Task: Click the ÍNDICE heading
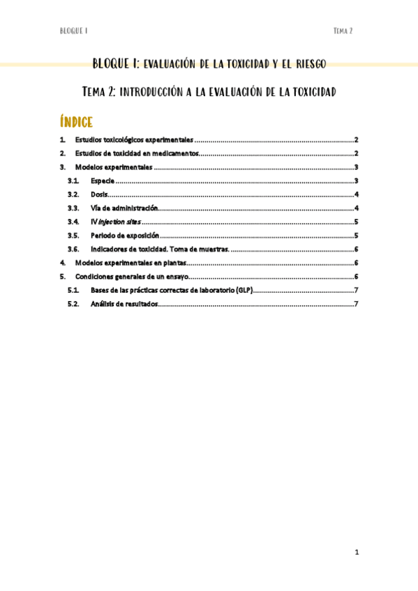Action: [x=77, y=123]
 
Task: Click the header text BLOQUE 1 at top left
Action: [x=73, y=31]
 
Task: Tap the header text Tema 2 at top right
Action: [x=343, y=31]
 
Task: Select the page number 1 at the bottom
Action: [x=356, y=553]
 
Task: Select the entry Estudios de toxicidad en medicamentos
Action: [x=137, y=153]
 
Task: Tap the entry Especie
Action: [x=103, y=181]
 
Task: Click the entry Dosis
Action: [x=99, y=194]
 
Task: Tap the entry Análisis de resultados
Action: [x=124, y=304]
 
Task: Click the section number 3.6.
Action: [x=73, y=249]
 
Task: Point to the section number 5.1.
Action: [x=73, y=290]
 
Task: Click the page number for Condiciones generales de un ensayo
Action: [x=356, y=277]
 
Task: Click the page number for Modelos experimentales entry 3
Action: [x=356, y=167]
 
